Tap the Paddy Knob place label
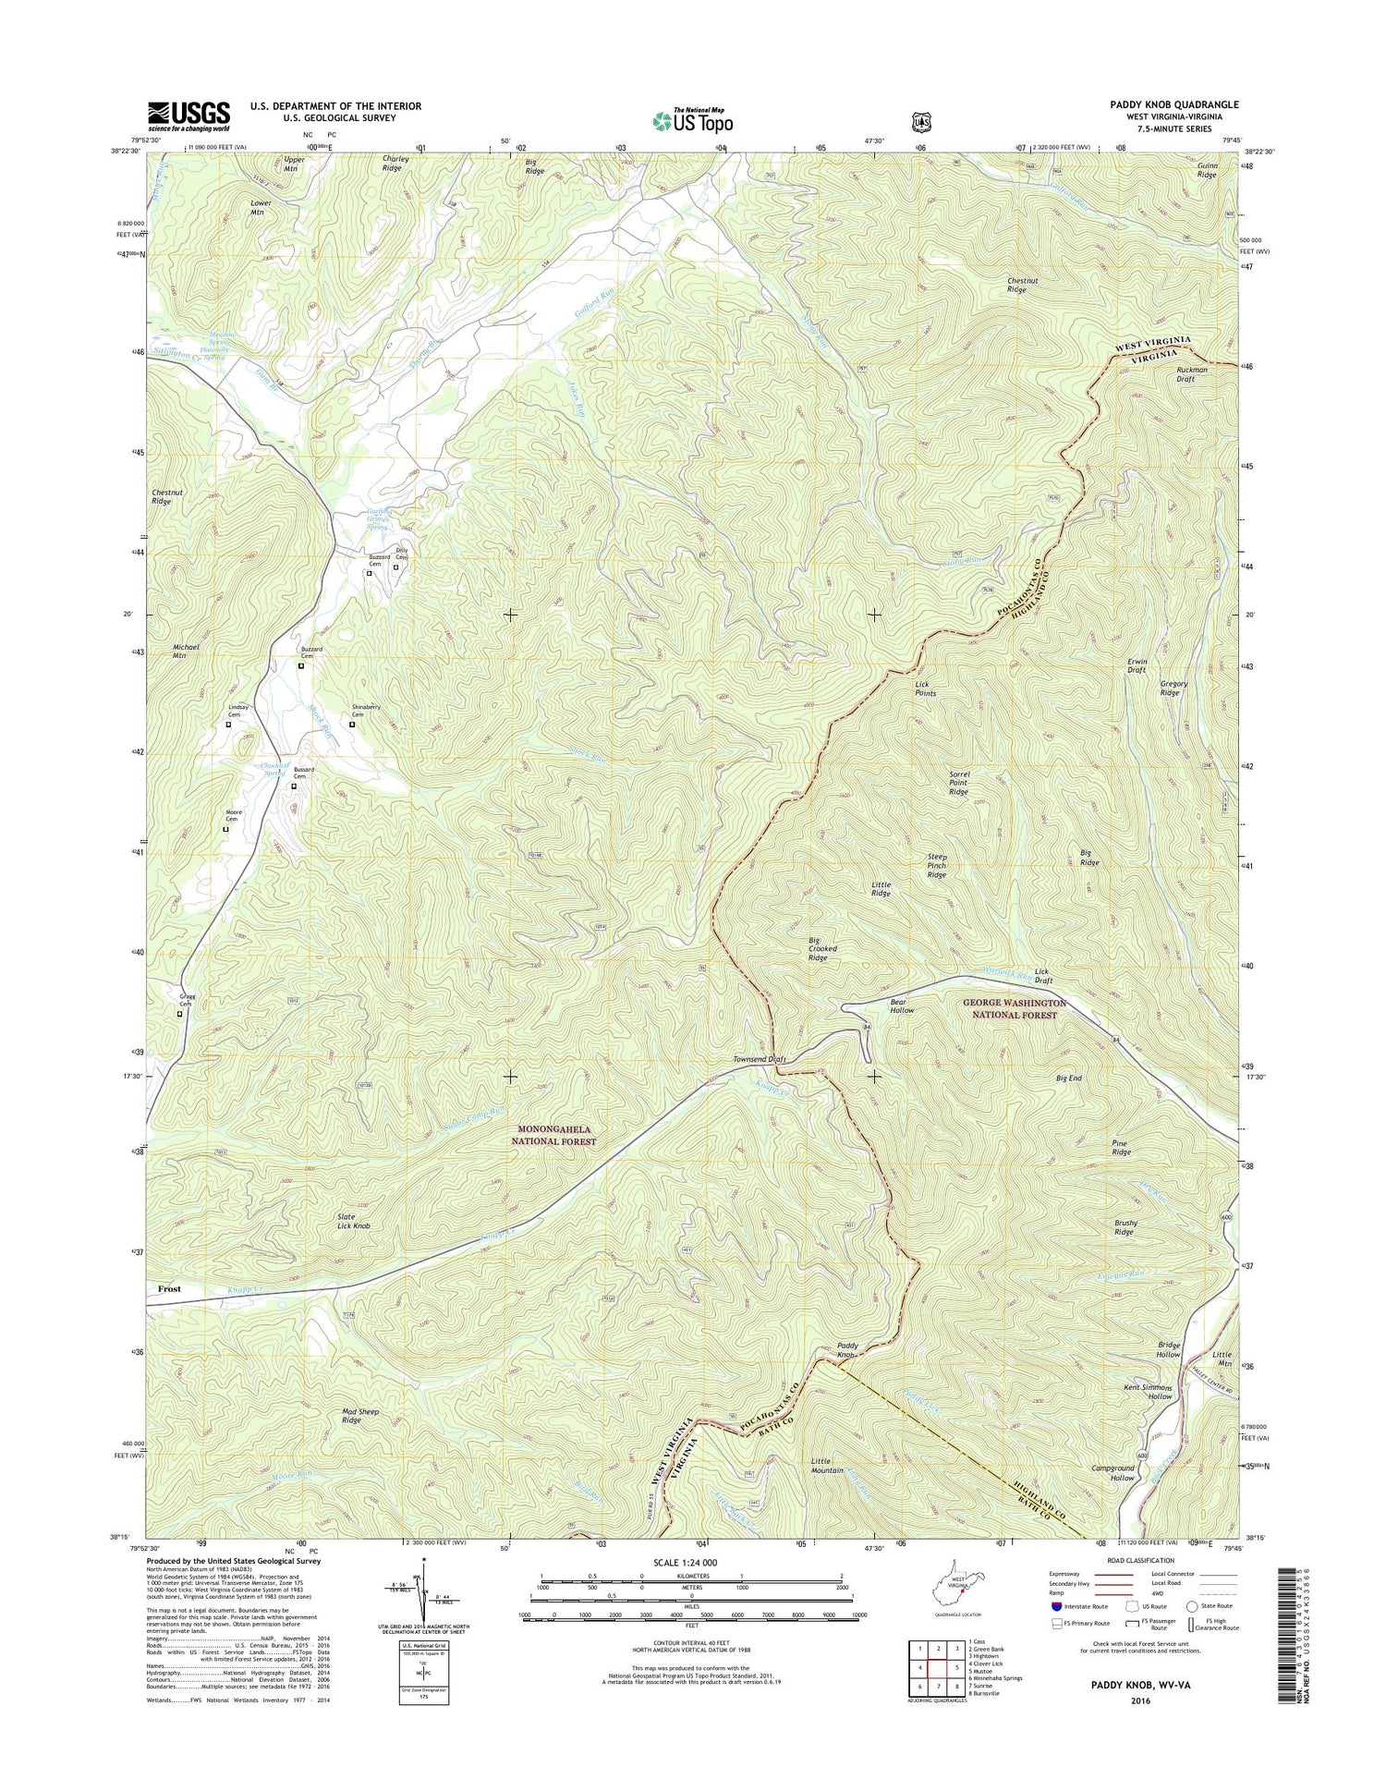pos(847,1350)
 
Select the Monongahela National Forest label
pos(554,1136)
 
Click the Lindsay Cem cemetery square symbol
pos(228,725)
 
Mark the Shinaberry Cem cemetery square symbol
pos(351,725)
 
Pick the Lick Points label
pos(926,689)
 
